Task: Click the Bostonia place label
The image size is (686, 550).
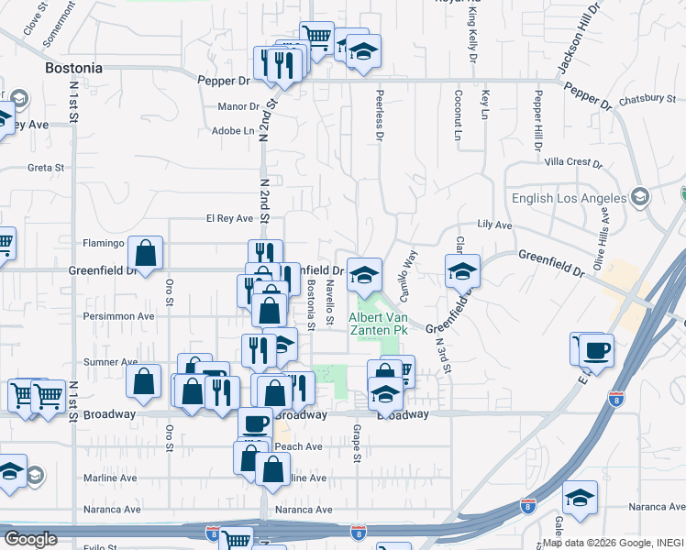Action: tap(73, 69)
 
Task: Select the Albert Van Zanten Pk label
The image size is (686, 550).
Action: tap(374, 323)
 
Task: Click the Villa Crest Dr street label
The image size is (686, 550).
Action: tap(572, 162)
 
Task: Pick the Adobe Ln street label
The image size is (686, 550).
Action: tap(233, 131)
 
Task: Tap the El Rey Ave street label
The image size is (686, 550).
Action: tap(228, 219)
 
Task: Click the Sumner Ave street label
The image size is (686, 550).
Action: tap(110, 363)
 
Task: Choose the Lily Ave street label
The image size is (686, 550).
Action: tap(494, 225)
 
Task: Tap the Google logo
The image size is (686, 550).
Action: tap(30, 539)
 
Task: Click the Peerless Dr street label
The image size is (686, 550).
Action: tap(379, 115)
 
